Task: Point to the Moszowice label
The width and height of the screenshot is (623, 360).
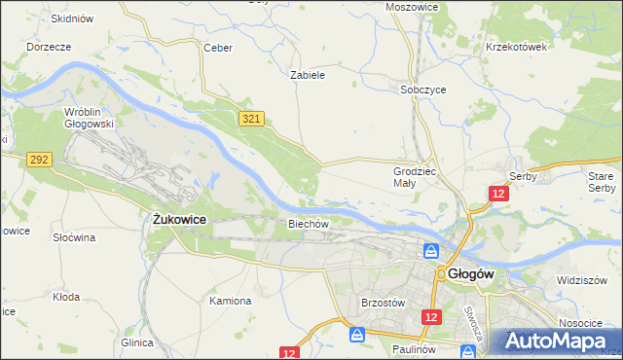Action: click(x=412, y=7)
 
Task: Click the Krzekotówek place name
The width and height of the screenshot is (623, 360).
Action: click(x=517, y=46)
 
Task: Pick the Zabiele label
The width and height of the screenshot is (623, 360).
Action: click(x=308, y=74)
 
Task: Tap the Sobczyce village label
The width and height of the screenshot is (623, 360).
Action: click(x=423, y=89)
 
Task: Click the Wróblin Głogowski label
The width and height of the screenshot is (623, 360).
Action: click(x=89, y=118)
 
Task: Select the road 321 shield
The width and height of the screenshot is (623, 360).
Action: click(x=251, y=118)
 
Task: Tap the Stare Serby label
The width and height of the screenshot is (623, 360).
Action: click(x=602, y=181)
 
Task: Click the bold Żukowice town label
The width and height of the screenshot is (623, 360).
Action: click(x=179, y=220)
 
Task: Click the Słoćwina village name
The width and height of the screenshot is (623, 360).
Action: click(x=74, y=237)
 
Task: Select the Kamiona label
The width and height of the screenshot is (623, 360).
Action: click(x=230, y=301)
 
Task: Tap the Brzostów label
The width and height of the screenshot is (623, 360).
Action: click(x=383, y=303)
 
